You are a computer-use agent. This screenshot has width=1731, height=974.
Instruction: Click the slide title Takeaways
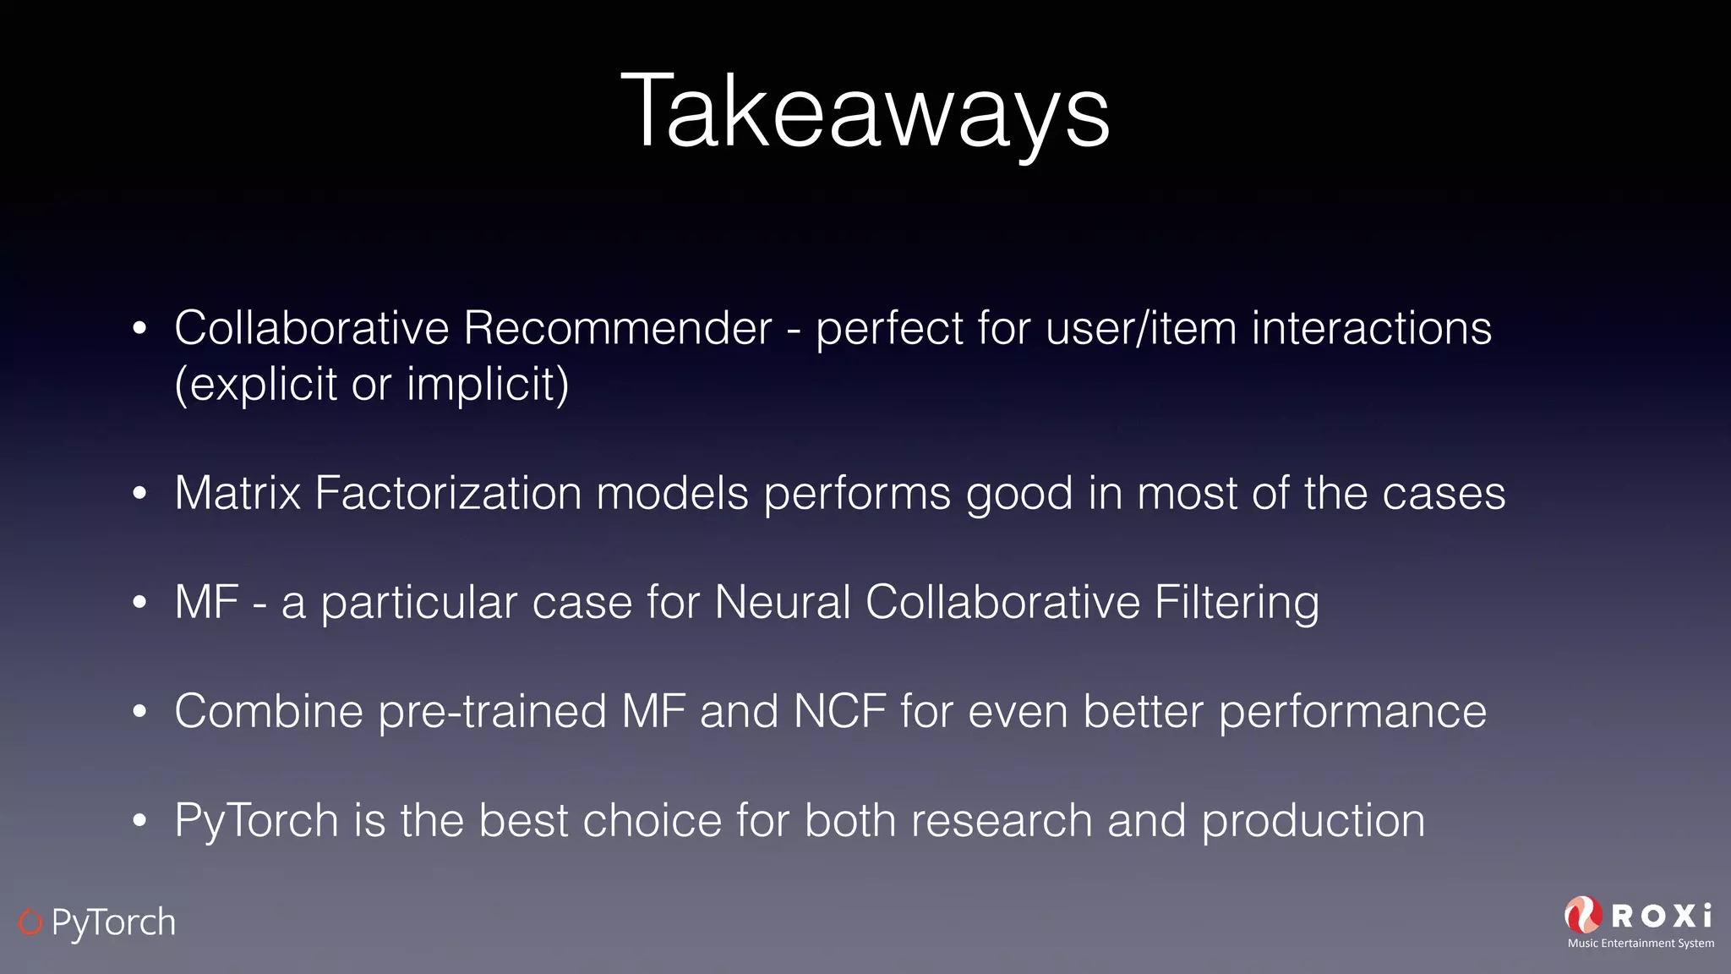(865, 112)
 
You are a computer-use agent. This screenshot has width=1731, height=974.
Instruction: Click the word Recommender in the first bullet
(617, 328)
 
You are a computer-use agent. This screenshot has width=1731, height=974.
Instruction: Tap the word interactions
(1371, 328)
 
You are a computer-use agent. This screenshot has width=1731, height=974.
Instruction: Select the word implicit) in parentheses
(488, 385)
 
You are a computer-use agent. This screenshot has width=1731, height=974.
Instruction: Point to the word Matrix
(238, 493)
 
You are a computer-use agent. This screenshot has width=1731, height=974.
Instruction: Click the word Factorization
(448, 493)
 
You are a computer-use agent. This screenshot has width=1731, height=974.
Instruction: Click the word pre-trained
(492, 712)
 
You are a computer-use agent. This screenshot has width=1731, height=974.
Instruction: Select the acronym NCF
(839, 711)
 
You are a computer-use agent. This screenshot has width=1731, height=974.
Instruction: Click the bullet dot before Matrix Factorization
(140, 494)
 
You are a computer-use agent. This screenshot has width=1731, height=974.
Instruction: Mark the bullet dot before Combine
(140, 712)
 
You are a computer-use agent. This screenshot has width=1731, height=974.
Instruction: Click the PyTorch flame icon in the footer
(30, 922)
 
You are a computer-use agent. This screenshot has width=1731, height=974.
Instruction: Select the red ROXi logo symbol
(1583, 915)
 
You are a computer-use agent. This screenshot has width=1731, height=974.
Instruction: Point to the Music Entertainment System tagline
(1641, 944)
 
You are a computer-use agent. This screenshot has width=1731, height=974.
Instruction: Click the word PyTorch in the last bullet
(257, 822)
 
